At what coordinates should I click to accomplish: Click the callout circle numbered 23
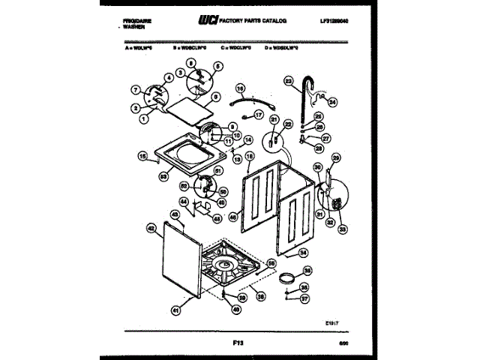(x=287, y=79)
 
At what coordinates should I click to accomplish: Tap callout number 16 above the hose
(x=241, y=88)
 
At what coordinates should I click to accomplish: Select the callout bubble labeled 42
(x=151, y=227)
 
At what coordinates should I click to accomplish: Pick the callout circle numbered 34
(x=303, y=253)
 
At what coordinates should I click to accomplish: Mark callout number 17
(x=259, y=115)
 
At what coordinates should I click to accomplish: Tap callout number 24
(x=333, y=103)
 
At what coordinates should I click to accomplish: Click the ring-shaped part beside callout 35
(x=285, y=280)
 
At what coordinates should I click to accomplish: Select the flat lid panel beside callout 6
(x=185, y=108)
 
